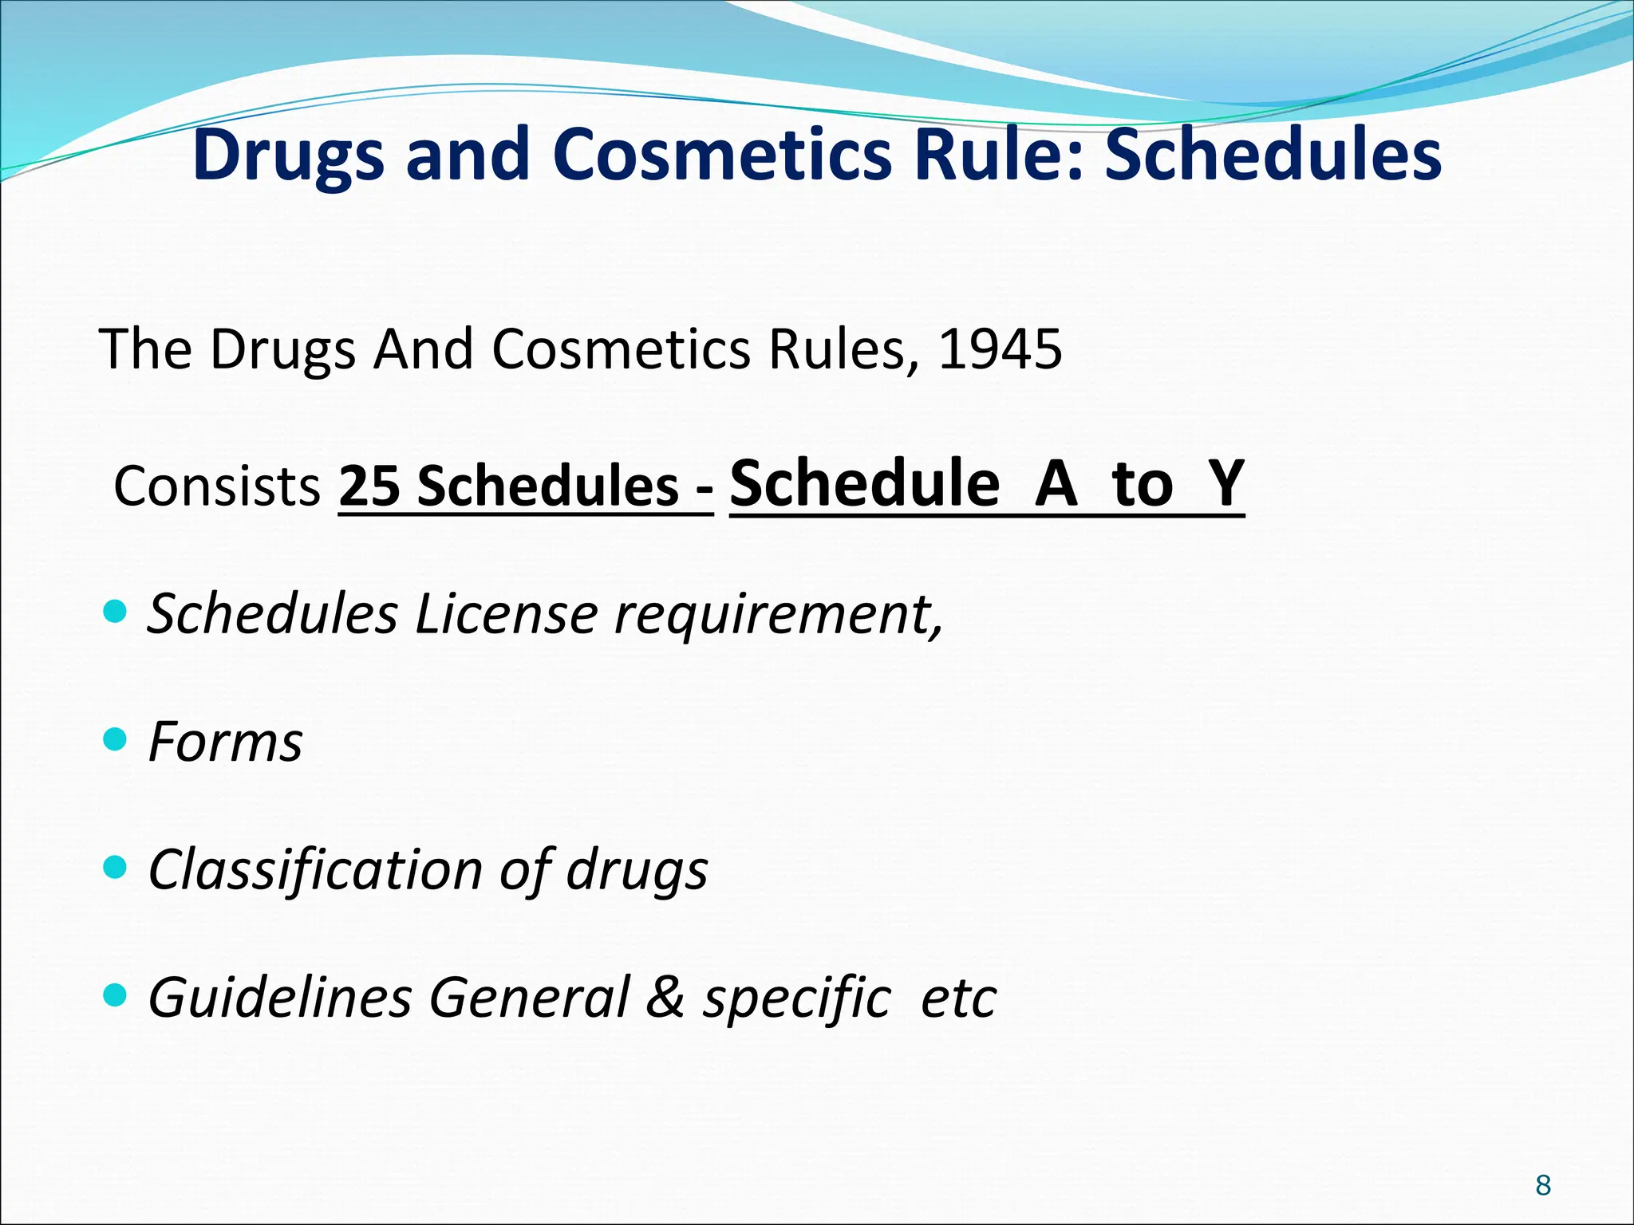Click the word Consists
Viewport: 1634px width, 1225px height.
pyautogui.click(x=217, y=486)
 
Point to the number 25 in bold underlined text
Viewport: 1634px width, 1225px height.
pyautogui.click(x=369, y=486)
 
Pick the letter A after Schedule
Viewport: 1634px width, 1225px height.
pyautogui.click(x=1056, y=483)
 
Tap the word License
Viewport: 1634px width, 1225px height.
pyautogui.click(x=506, y=614)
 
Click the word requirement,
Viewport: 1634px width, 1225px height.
pyautogui.click(x=779, y=616)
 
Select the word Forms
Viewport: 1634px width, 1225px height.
pyautogui.click(x=226, y=742)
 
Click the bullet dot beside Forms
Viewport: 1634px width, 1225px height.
pyautogui.click(x=116, y=739)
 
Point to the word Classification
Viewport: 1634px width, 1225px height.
pyautogui.click(x=315, y=869)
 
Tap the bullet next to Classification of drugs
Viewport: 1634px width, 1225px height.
pyautogui.click(x=116, y=867)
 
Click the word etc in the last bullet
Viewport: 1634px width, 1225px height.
pyautogui.click(x=958, y=999)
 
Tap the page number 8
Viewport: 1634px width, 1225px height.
pyautogui.click(x=1543, y=1185)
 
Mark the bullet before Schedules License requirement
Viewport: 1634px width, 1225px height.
pyautogui.click(x=116, y=612)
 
